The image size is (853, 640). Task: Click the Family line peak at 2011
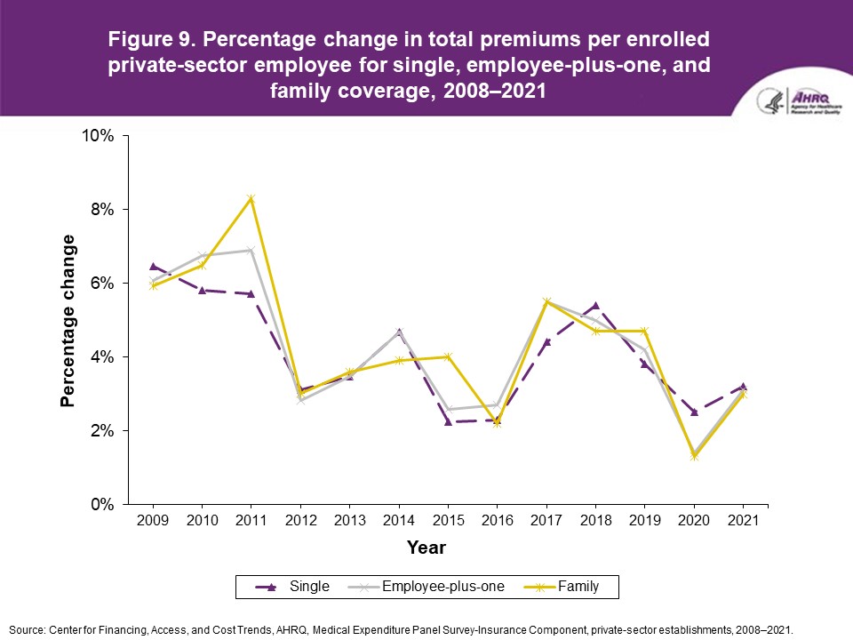[251, 198]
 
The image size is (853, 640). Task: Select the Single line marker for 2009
[154, 267]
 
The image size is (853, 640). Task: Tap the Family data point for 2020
[694, 456]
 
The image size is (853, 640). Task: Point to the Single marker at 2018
[595, 306]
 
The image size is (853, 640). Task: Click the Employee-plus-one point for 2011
[251, 250]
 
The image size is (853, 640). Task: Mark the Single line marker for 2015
[449, 421]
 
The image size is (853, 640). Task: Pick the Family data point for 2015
[449, 356]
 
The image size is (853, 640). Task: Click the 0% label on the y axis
[104, 504]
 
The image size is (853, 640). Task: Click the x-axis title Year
[426, 548]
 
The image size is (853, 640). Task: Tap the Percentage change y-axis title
[68, 320]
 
